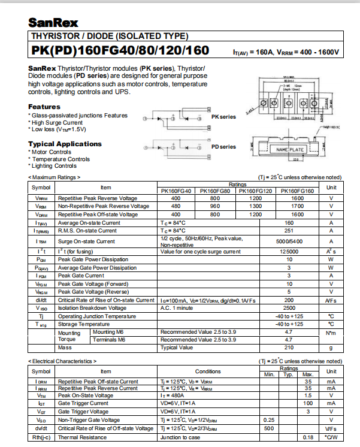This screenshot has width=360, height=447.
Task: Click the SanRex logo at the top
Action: tap(52, 22)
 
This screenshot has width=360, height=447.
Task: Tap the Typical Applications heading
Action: tap(65, 144)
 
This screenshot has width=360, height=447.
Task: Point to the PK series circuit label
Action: tap(223, 117)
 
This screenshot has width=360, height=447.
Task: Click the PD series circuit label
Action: tap(223, 147)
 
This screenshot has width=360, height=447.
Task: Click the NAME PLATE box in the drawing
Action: tap(290, 149)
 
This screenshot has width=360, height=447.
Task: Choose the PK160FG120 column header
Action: tap(256, 191)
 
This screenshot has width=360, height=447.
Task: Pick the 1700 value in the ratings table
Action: tap(297, 206)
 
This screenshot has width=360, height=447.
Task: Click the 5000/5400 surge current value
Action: tap(289, 241)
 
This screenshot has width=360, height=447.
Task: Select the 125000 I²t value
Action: tap(289, 252)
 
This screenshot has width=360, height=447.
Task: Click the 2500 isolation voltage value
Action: tap(289, 308)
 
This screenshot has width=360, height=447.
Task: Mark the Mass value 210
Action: tap(289, 348)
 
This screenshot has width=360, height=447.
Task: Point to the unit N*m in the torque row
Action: tap(331, 332)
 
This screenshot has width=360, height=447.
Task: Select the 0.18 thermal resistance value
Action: tap(308, 437)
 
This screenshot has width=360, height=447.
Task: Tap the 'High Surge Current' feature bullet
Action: tap(57, 122)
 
